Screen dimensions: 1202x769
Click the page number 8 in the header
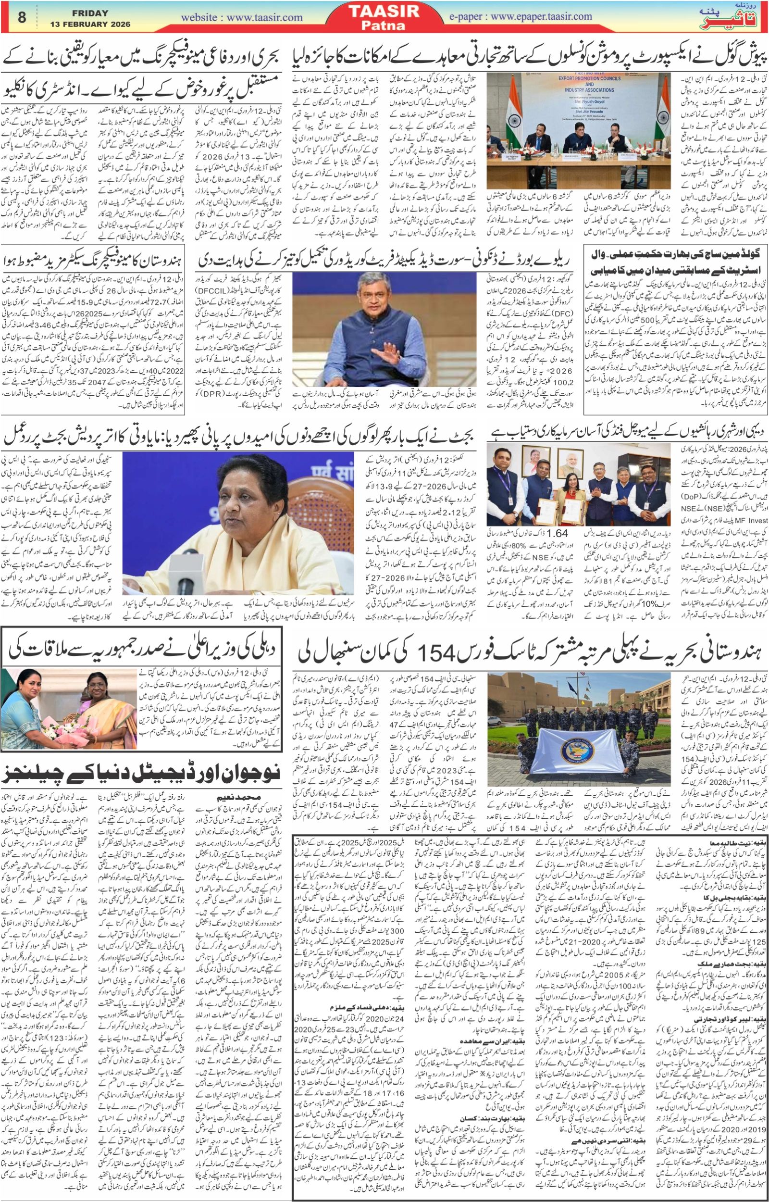tap(22, 17)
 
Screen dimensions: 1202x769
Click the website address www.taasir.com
tap(242, 17)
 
